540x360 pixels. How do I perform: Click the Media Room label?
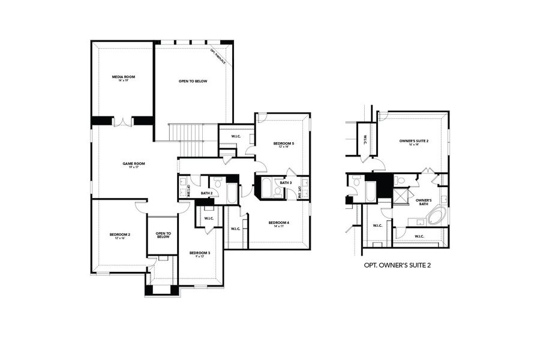[x=122, y=77]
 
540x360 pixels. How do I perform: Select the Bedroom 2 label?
[x=120, y=235]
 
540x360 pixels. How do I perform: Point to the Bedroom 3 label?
[x=200, y=254]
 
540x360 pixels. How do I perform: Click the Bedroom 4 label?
[x=281, y=224]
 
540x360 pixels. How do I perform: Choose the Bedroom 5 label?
[x=283, y=144]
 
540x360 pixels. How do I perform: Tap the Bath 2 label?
[x=207, y=193]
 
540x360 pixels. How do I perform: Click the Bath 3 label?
[x=286, y=182]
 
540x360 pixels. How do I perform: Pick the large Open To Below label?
[x=193, y=81]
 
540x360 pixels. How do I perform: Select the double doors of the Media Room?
[x=123, y=122]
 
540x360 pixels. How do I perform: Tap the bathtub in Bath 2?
[x=231, y=194]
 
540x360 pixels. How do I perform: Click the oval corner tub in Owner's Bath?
[x=436, y=216]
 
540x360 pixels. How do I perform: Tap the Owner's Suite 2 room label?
[x=414, y=142]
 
